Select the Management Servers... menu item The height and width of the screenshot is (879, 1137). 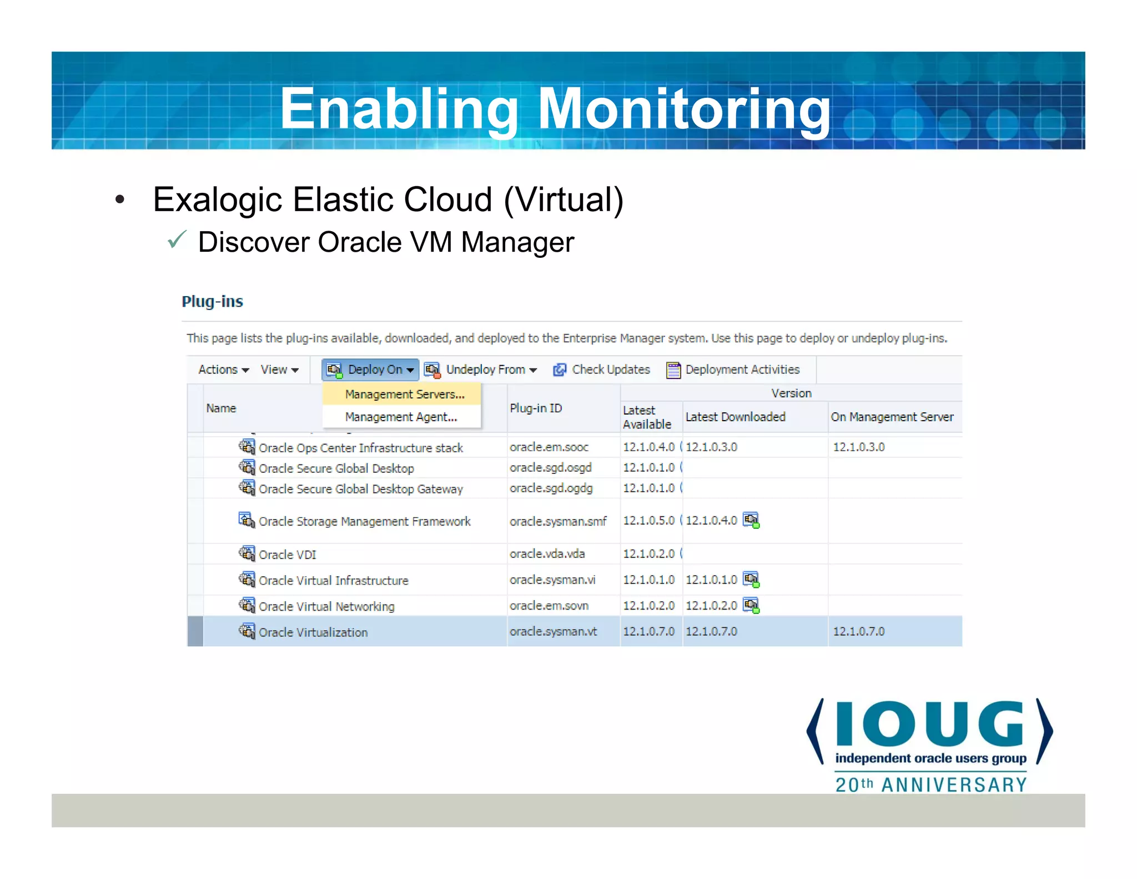(x=404, y=394)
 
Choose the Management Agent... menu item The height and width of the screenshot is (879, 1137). (x=401, y=417)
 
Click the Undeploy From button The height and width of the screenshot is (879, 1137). (x=481, y=369)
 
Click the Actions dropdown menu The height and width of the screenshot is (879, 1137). (x=223, y=369)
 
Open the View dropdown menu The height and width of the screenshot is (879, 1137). (x=279, y=369)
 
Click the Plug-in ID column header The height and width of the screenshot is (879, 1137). (x=536, y=408)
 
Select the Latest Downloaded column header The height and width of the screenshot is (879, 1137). (x=735, y=417)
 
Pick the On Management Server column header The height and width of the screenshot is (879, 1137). (x=892, y=417)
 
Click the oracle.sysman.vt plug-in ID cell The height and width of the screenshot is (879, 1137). (x=553, y=632)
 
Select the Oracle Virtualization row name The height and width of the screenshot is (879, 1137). (x=313, y=632)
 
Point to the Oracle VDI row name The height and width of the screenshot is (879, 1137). (x=287, y=555)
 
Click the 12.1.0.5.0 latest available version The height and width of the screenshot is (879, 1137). (x=648, y=521)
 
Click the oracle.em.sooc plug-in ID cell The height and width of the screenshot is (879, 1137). (x=549, y=447)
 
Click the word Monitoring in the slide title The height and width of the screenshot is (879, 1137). (x=684, y=109)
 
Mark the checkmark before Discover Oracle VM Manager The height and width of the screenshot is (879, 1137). (x=177, y=240)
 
